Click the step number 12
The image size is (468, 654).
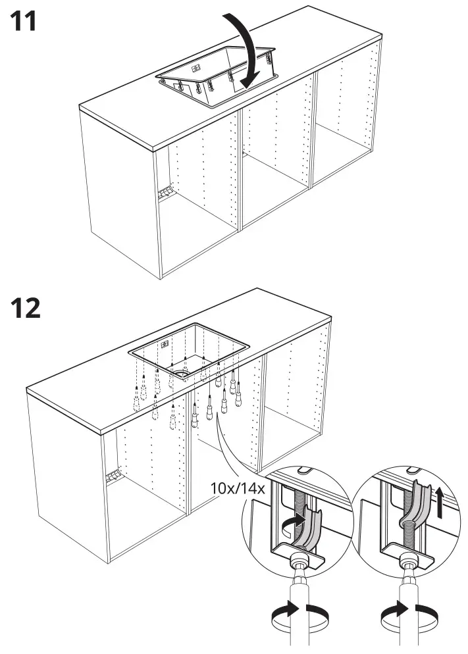(x=26, y=307)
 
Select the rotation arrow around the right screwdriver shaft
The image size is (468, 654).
(x=410, y=618)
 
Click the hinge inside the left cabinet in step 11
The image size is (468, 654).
(x=165, y=192)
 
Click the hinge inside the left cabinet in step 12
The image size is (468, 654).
(x=113, y=475)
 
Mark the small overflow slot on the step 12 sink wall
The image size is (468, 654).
(x=166, y=343)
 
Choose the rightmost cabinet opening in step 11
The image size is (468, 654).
(x=346, y=125)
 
